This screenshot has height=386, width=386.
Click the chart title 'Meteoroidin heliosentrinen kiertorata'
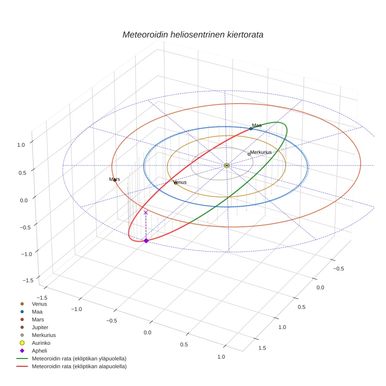click(x=193, y=35)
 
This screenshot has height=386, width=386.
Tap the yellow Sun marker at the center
click(x=227, y=166)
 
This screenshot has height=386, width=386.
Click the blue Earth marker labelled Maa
click(x=251, y=129)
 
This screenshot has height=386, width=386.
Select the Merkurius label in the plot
click(x=261, y=152)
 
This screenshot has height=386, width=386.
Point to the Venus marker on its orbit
click(x=175, y=182)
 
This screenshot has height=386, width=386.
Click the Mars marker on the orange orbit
click(x=115, y=180)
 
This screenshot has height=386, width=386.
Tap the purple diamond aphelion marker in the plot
click(x=146, y=240)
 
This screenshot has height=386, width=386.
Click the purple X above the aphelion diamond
click(x=146, y=212)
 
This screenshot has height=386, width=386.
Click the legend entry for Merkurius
click(x=44, y=335)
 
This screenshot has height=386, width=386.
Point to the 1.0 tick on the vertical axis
click(x=21, y=144)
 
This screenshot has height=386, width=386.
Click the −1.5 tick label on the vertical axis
click(x=28, y=280)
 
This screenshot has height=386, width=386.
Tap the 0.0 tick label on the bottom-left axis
click(x=147, y=333)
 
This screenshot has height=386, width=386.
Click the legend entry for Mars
click(x=38, y=319)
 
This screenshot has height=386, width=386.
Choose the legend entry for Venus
click(x=39, y=304)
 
